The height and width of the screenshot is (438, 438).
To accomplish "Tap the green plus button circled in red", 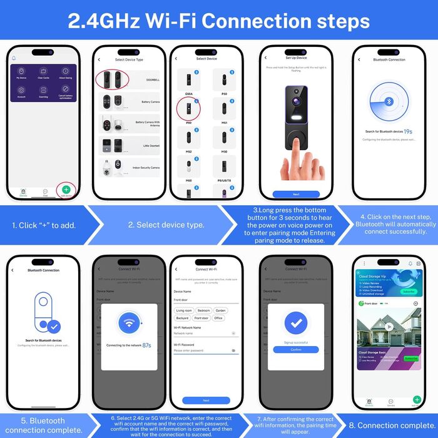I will pyautogui.click(x=67, y=190).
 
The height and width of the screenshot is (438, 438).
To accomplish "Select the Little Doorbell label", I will pyautogui.click(x=151, y=146).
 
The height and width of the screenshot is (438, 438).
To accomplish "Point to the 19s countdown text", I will pyautogui.click(x=407, y=132).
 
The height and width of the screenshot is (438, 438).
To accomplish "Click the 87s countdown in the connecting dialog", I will pyautogui.click(x=147, y=345).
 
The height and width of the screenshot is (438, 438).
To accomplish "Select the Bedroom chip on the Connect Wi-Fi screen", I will pyautogui.click(x=204, y=310).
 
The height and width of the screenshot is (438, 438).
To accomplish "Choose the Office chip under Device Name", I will pyautogui.click(x=218, y=318).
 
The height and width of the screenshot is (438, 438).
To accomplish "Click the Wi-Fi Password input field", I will pyautogui.click(x=203, y=350).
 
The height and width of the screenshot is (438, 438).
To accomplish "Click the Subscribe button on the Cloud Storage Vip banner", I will pyautogui.click(x=409, y=291).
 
